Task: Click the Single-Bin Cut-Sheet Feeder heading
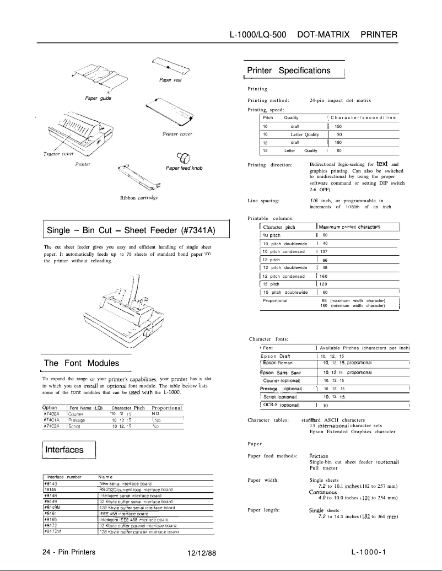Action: coord(131,230)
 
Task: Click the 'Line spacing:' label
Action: coord(264,201)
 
